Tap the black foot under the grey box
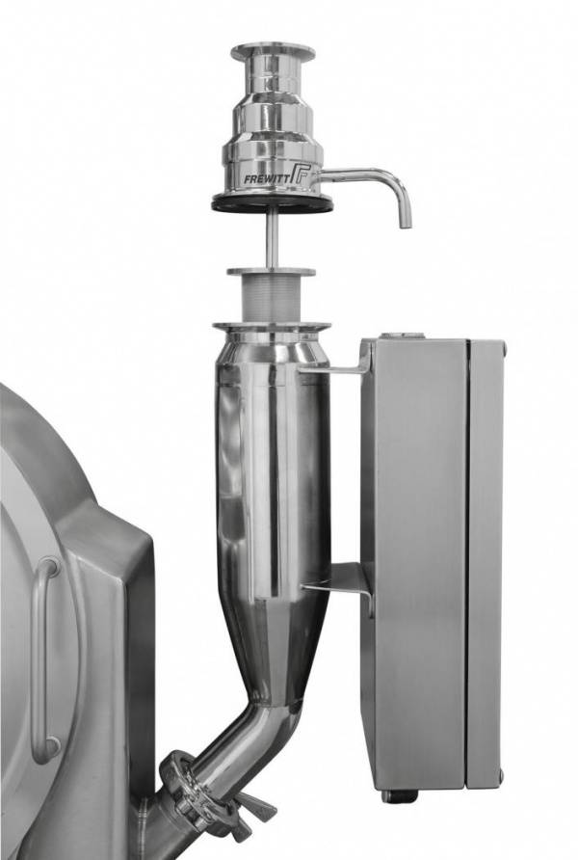pos(394,795)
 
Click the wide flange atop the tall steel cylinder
pos(272,328)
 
